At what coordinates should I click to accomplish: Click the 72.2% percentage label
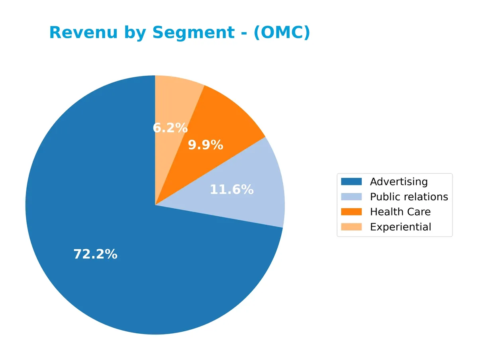(95, 254)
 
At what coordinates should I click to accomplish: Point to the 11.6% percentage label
(231, 190)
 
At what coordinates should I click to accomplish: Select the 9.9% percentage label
(205, 145)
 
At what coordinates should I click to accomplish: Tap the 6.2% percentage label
(170, 128)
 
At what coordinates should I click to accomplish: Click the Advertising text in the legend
(399, 182)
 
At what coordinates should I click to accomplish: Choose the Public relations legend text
(409, 197)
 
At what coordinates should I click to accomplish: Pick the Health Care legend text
(400, 212)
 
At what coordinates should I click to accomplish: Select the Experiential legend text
(400, 227)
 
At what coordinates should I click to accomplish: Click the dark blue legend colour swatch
(351, 182)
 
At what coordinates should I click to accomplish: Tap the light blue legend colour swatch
(351, 197)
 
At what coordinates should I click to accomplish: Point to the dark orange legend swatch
(351, 212)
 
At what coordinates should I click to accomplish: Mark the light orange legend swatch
(351, 227)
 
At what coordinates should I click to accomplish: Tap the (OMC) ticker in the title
(281, 33)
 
